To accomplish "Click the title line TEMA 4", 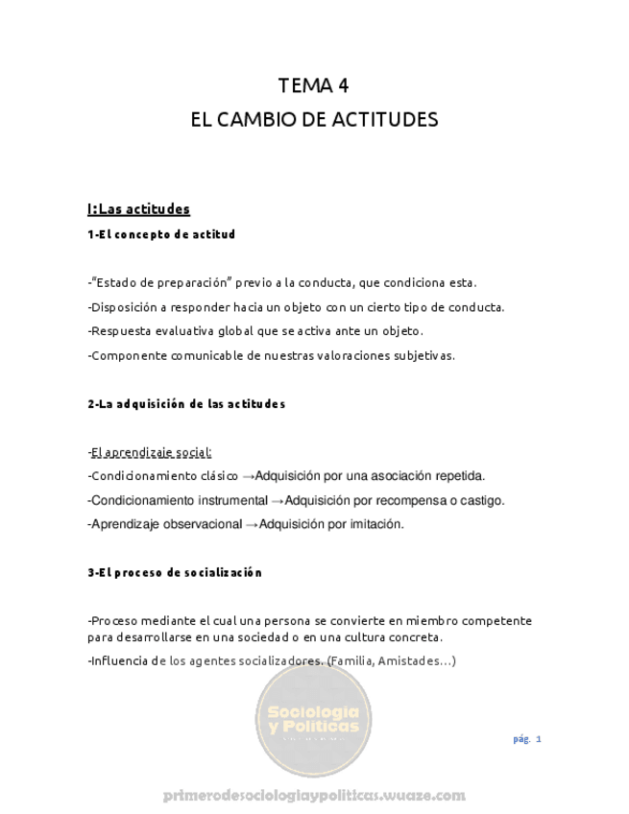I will [x=314, y=86].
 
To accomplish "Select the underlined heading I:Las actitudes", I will [x=138, y=208].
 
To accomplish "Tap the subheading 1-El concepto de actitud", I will [x=160, y=234].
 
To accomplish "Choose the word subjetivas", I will [x=419, y=355].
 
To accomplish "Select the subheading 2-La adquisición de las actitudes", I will [x=185, y=404].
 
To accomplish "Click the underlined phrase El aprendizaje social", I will [x=151, y=451].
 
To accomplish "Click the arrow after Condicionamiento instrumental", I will [x=278, y=500].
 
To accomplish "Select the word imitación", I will [x=375, y=524].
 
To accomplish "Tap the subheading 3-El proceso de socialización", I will [x=174, y=573].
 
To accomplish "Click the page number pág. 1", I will [x=527, y=738].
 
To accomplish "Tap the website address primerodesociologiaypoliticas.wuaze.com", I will [x=314, y=795].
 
